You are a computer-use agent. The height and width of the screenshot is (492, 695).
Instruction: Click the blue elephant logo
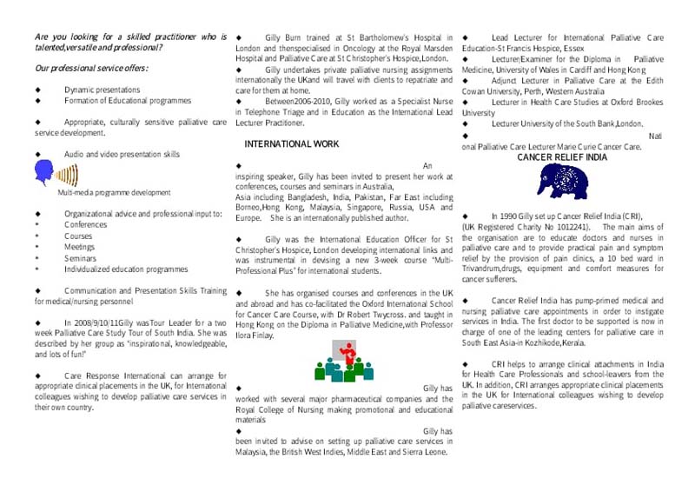click(x=562, y=181)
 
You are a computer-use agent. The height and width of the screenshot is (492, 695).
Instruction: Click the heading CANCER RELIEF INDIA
click(x=561, y=157)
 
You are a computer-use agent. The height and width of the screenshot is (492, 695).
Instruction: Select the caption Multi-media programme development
click(x=114, y=192)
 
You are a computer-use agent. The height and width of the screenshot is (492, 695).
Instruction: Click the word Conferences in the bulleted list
click(x=85, y=224)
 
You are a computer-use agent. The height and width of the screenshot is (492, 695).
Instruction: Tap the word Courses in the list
click(x=78, y=236)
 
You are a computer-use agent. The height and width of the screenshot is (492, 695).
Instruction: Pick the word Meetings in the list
click(x=80, y=247)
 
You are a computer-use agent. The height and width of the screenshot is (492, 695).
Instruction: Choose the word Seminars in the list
click(x=80, y=258)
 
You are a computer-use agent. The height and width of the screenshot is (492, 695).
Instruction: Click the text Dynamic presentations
click(x=102, y=90)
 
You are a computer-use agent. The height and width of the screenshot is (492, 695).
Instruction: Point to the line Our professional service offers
click(x=91, y=68)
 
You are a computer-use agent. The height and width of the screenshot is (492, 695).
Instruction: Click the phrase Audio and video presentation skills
click(x=122, y=154)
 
